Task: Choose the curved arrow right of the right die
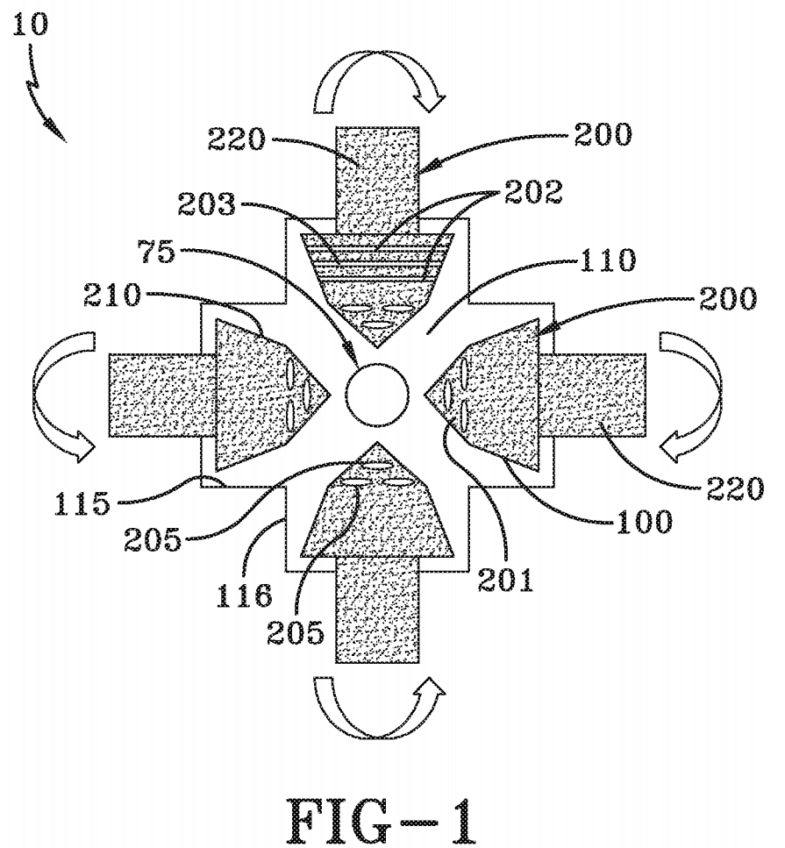click(693, 395)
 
